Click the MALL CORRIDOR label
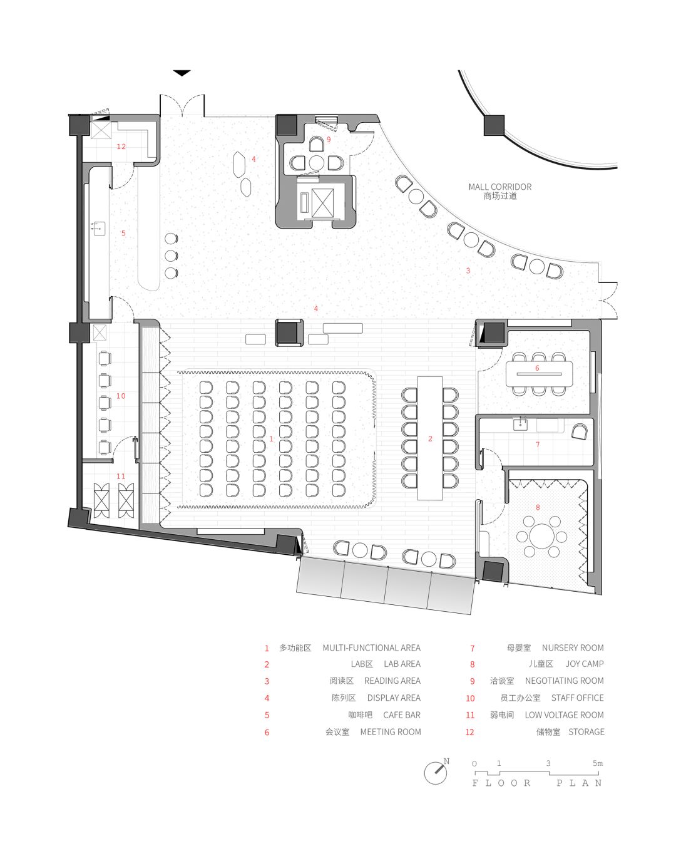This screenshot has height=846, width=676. click(x=499, y=187)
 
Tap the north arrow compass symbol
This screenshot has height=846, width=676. click(x=436, y=772)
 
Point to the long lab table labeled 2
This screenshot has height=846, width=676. click(x=430, y=438)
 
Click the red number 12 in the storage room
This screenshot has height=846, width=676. click(x=121, y=147)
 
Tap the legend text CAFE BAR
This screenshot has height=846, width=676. click(x=401, y=714)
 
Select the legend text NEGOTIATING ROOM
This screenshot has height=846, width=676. click(x=564, y=681)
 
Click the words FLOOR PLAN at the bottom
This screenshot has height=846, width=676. click(x=537, y=783)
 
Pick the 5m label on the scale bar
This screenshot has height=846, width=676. click(x=597, y=763)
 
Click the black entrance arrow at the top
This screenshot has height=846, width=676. click(x=182, y=73)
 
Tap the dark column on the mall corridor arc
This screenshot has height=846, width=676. click(x=494, y=125)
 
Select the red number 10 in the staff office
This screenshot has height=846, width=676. click(x=121, y=396)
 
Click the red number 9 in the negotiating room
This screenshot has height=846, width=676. click(x=328, y=139)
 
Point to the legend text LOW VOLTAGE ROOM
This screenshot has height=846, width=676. click(x=564, y=714)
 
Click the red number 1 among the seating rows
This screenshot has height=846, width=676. click(x=271, y=439)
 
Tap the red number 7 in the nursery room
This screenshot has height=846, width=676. click(x=537, y=445)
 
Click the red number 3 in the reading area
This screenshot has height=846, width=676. click(x=468, y=271)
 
